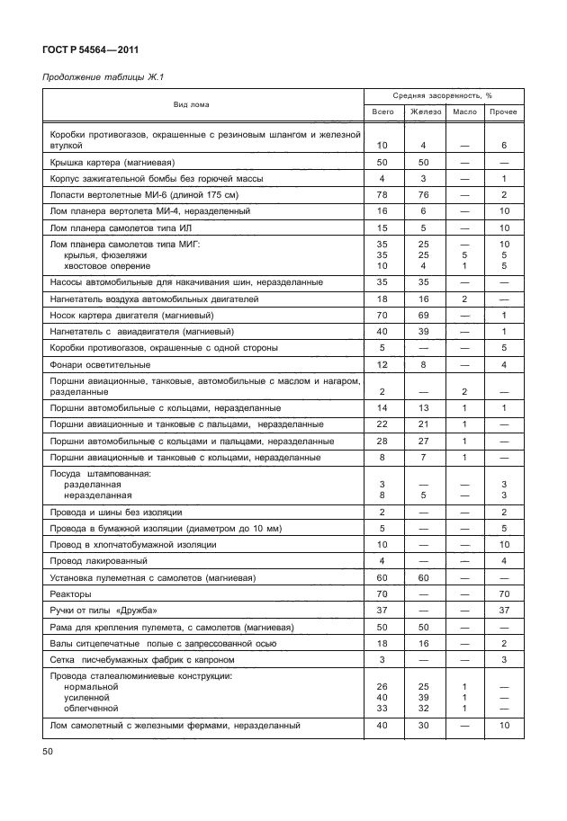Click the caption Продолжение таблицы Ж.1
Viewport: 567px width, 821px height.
coord(101,78)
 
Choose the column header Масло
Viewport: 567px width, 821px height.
coord(464,112)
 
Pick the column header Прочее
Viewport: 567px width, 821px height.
coord(504,112)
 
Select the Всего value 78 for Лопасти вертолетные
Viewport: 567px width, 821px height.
coord(382,194)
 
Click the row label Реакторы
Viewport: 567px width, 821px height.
coord(72,594)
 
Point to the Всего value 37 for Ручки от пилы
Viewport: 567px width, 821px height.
coord(382,611)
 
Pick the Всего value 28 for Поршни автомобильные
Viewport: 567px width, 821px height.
coord(382,442)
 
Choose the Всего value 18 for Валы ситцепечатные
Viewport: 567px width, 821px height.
coord(382,643)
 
